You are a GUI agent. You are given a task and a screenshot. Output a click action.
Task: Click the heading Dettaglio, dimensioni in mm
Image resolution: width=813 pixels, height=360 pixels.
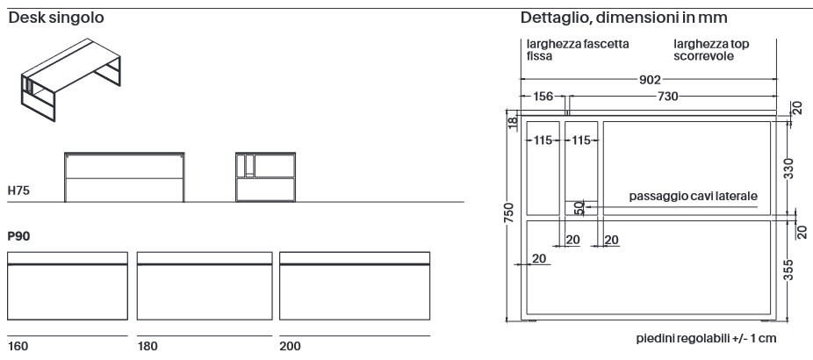622,18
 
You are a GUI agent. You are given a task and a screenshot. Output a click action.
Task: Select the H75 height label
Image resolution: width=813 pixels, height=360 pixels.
18,190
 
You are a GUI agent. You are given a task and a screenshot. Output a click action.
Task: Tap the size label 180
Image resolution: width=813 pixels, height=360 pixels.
147,347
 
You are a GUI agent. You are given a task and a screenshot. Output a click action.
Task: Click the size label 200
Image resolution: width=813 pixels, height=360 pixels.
290,347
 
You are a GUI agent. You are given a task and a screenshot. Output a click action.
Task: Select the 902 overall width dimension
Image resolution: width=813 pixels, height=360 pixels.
650,80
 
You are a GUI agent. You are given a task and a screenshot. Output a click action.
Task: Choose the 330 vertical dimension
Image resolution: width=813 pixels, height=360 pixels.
788,169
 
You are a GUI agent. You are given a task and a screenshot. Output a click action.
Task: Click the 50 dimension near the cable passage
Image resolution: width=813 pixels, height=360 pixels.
579,208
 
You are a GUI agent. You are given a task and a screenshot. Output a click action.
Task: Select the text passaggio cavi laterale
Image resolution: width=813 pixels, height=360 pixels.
693,196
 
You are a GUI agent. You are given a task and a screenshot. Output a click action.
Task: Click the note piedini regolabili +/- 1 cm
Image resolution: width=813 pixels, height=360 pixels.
706,339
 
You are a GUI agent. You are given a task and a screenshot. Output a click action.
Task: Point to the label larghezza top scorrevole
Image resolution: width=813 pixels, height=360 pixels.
711,50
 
